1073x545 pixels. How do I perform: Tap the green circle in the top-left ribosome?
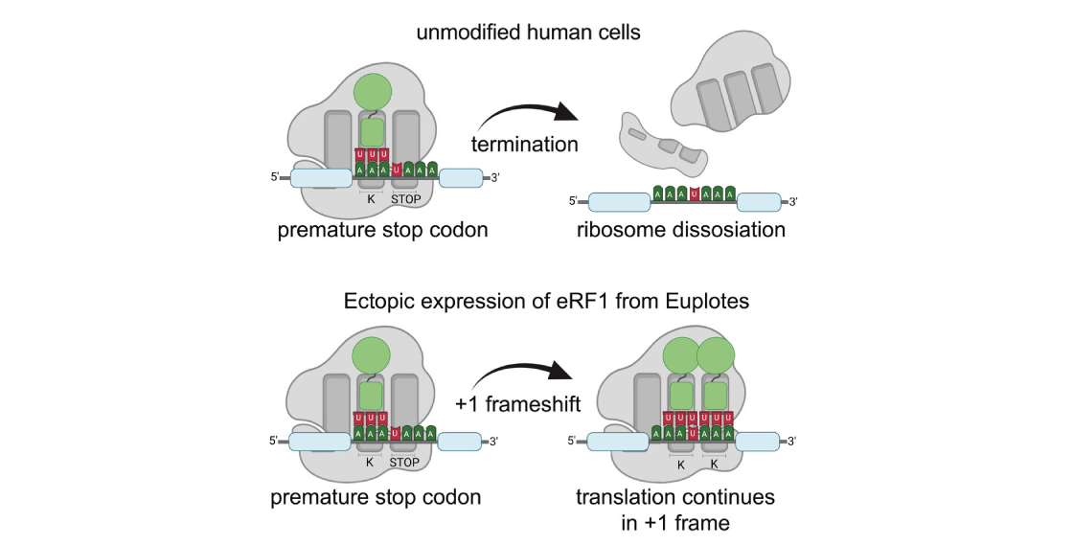click(374, 93)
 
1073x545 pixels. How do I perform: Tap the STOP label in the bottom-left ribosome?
click(406, 462)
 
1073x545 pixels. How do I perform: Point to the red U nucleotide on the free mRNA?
click(694, 193)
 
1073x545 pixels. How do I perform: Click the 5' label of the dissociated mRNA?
click(574, 201)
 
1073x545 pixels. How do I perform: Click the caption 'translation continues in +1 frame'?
click(674, 509)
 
